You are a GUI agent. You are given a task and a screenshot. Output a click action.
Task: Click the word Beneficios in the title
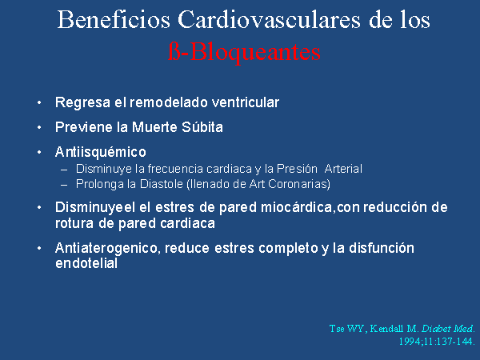tap(114, 19)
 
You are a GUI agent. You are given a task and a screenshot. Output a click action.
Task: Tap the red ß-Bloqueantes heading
tap(244, 53)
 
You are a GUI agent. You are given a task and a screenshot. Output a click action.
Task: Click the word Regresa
tap(82, 102)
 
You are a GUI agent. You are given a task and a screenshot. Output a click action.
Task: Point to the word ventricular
tap(246, 102)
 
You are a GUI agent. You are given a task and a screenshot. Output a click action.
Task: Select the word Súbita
tap(202, 127)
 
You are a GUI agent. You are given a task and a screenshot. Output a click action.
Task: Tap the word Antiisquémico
tap(101, 152)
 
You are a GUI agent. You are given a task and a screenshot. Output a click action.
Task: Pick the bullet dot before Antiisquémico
tap(39, 152)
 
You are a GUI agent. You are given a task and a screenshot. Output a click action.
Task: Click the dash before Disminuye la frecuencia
tap(64, 170)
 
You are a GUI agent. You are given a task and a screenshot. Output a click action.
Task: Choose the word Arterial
tap(343, 169)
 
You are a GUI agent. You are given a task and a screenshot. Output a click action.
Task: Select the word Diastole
tap(162, 184)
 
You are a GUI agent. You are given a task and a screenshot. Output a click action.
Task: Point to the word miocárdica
tap(296, 207)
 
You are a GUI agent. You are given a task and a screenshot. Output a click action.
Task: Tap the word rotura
tap(74, 223)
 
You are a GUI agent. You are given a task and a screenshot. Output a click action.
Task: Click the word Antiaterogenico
tap(107, 248)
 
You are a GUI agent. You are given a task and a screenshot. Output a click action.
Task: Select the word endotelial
tap(86, 263)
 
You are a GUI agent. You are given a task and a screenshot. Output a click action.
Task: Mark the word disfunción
tap(382, 248)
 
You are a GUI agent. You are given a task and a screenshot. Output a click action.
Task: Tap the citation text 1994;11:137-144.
tap(437, 342)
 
